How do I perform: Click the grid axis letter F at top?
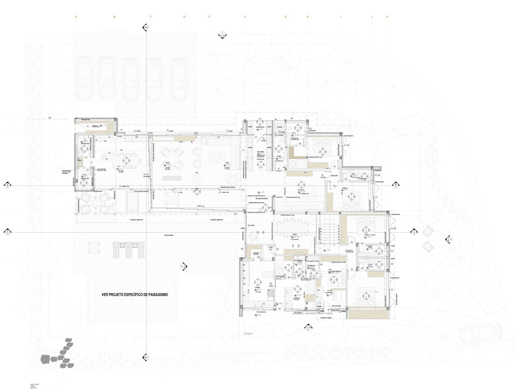(245, 17)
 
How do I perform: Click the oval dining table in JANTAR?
(292, 228)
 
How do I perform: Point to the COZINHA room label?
(257, 287)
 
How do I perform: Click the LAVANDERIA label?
(296, 298)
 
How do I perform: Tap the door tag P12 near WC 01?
(300, 144)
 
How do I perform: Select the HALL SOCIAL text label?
(261, 152)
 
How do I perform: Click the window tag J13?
(376, 197)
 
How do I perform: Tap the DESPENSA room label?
(256, 253)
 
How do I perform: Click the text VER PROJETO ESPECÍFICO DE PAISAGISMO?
(135, 295)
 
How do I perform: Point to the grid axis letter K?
(387, 17)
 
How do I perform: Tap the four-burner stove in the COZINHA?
(270, 294)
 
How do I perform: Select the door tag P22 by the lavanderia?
(279, 309)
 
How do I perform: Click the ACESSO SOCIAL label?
(260, 127)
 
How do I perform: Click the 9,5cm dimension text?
(248, 333)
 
